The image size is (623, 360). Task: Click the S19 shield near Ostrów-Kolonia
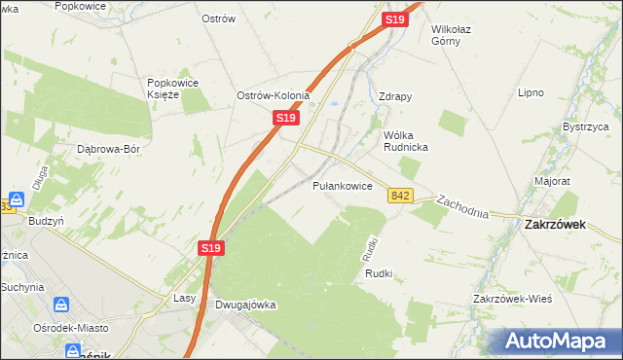pyautogui.click(x=284, y=117)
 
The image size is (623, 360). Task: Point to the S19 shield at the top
pyautogui.click(x=393, y=19)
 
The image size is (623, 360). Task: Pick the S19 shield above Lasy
pyautogui.click(x=212, y=248)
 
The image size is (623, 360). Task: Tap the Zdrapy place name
pyautogui.click(x=395, y=96)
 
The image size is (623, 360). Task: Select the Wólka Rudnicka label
pyautogui.click(x=407, y=140)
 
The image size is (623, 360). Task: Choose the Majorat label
pyautogui.click(x=552, y=181)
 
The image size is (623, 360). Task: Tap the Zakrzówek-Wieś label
pyautogui.click(x=513, y=298)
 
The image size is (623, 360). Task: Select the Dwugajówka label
pyautogui.click(x=244, y=305)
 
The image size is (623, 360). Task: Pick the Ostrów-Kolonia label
pyautogui.click(x=273, y=95)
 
